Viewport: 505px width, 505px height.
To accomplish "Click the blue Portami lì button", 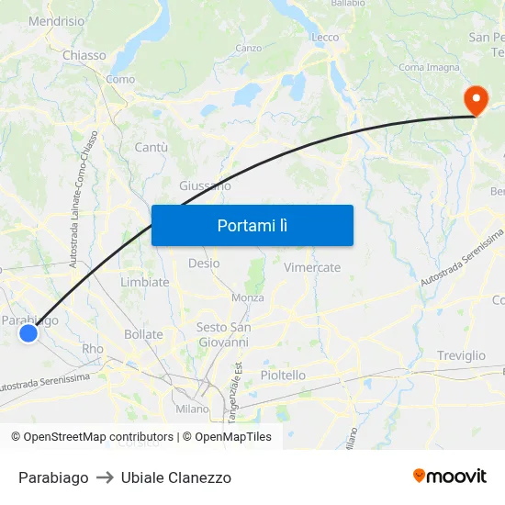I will coord(252,225).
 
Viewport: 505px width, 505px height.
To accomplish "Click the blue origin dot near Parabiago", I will coord(28,333).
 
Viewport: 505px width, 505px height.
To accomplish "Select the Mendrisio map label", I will coord(57,21).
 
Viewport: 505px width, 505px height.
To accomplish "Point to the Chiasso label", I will coord(84,55).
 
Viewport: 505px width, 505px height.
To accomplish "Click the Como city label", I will coord(120,80).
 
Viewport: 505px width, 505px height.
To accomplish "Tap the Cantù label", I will coord(151,147).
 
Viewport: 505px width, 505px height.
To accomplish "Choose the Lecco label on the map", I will coord(325,38).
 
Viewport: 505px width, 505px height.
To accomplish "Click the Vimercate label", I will coord(312,267).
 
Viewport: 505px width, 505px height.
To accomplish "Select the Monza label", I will coord(247,297).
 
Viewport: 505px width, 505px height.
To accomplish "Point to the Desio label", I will coord(204,263).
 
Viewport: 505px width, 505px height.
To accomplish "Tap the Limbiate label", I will coord(145,282).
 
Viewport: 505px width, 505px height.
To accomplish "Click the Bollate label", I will coord(143,334).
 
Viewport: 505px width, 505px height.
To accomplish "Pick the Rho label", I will coord(93,349).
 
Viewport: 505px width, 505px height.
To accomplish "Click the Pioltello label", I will coord(283,375).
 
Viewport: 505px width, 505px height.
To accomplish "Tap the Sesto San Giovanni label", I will coord(223,334).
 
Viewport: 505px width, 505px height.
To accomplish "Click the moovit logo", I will coord(450,476).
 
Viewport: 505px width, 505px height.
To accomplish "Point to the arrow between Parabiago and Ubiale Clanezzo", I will coord(105,477).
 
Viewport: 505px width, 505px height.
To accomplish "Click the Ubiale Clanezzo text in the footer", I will coord(175,477).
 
